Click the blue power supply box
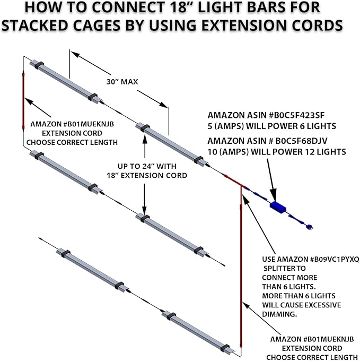277,207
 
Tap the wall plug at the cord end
310,228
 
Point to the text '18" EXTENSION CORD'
146,175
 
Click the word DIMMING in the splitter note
280,314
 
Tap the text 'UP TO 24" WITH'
145,165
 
